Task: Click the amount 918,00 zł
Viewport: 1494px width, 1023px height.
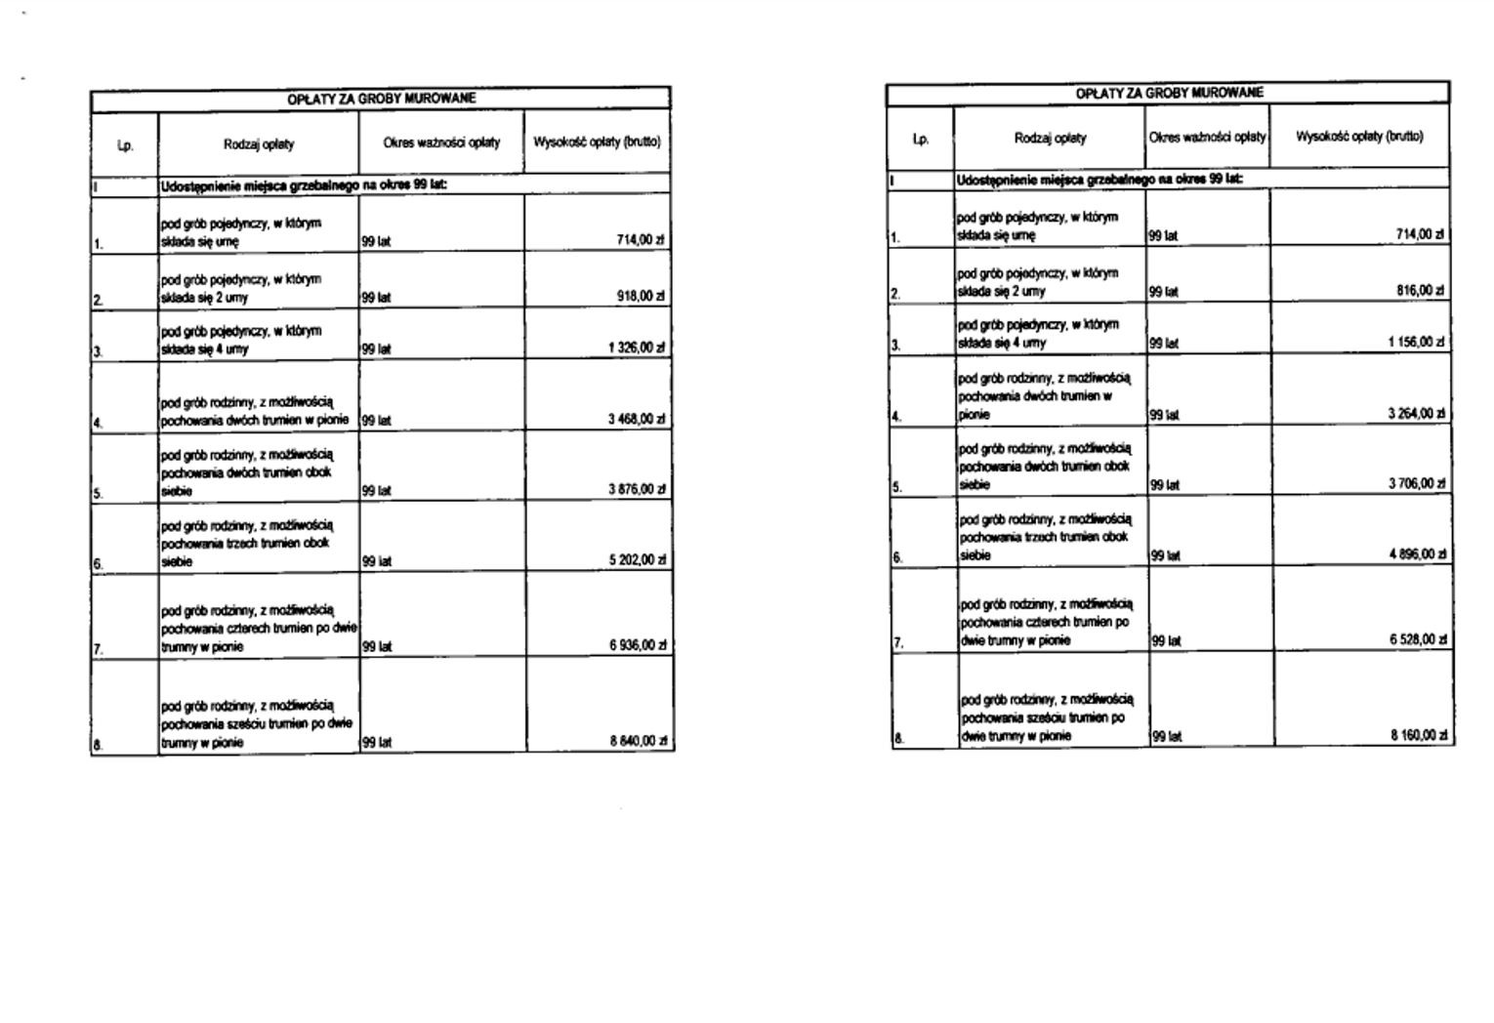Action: (x=640, y=297)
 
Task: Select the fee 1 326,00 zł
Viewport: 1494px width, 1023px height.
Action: (x=636, y=348)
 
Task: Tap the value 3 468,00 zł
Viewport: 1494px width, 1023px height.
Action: (x=636, y=420)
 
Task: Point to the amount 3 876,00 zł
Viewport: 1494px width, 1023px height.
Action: (x=636, y=490)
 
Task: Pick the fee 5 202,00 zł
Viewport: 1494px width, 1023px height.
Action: (x=636, y=561)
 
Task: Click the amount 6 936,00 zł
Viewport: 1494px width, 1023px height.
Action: (x=637, y=646)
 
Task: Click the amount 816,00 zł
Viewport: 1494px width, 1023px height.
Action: (x=1421, y=291)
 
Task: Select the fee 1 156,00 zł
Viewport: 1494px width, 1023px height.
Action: (x=1417, y=343)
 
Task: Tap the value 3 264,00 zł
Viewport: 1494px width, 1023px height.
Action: (x=1417, y=414)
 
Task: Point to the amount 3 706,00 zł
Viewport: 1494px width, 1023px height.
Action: (x=1417, y=484)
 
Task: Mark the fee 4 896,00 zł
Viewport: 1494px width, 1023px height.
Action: (x=1418, y=554)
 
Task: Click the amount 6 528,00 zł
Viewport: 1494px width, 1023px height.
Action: (x=1419, y=639)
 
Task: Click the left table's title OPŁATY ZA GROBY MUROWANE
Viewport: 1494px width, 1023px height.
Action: (x=381, y=99)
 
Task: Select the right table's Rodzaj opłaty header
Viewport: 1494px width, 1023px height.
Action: (x=1050, y=138)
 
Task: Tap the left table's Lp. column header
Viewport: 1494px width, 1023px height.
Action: (x=125, y=144)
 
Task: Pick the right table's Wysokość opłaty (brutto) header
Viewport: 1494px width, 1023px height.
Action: (x=1359, y=137)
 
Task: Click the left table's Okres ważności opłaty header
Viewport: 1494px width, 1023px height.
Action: (x=441, y=143)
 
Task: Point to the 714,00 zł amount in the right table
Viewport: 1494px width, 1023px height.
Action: (x=1421, y=234)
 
